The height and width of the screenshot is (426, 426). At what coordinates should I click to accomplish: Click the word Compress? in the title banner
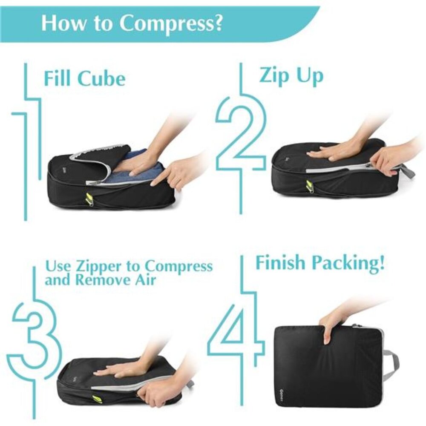pyautogui.click(x=171, y=24)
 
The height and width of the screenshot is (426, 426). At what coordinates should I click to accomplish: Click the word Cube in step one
pyautogui.click(x=102, y=79)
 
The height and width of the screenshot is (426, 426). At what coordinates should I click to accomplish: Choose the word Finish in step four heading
pyautogui.click(x=282, y=263)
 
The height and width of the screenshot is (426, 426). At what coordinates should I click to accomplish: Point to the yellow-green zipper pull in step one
pyautogui.click(x=90, y=198)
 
